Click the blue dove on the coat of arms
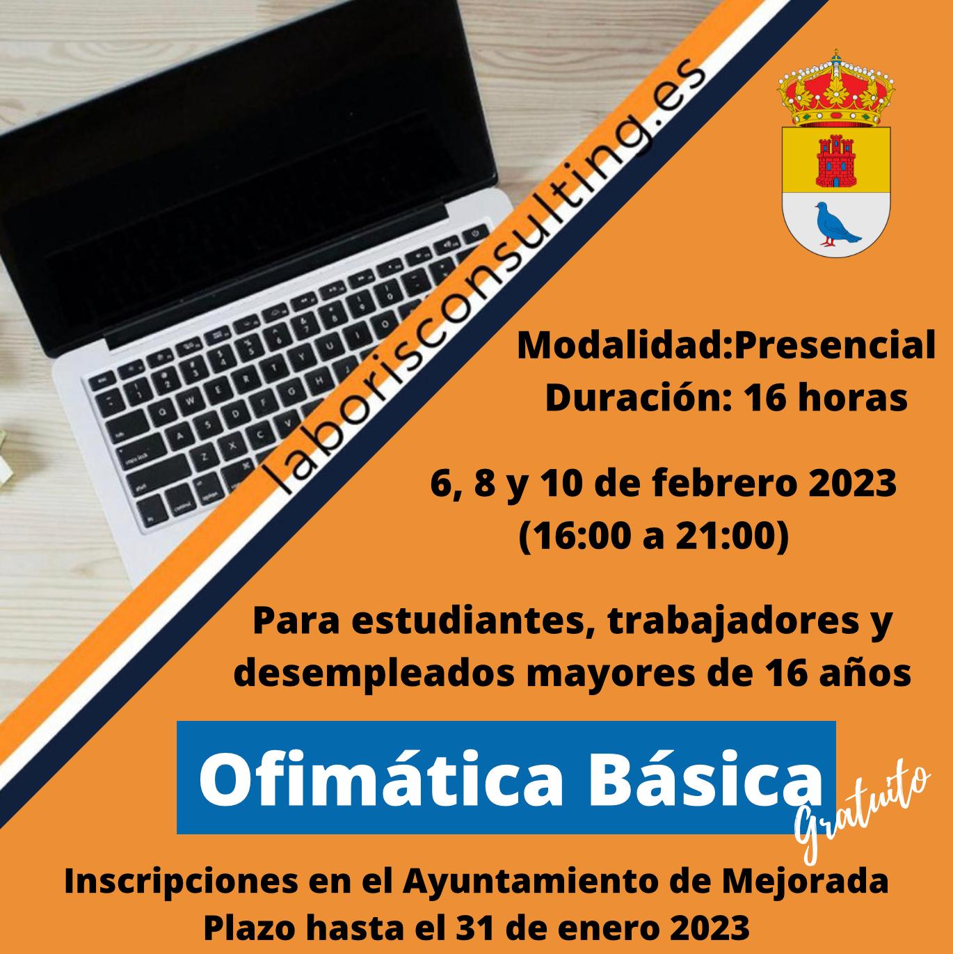(x=837, y=224)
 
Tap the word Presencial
(x=835, y=347)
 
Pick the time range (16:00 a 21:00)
(x=653, y=537)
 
